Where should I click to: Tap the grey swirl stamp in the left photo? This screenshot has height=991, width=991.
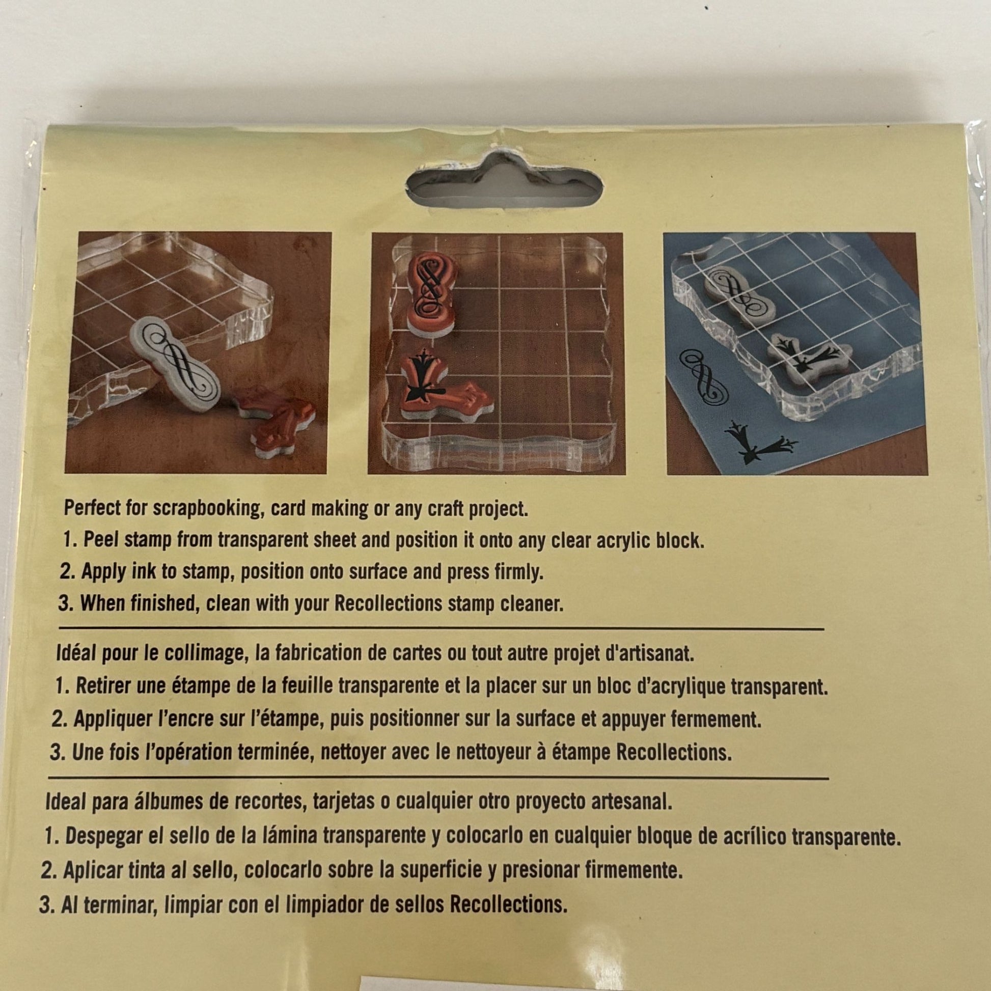[x=175, y=364]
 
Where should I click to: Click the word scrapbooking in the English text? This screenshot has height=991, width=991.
[x=208, y=509]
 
